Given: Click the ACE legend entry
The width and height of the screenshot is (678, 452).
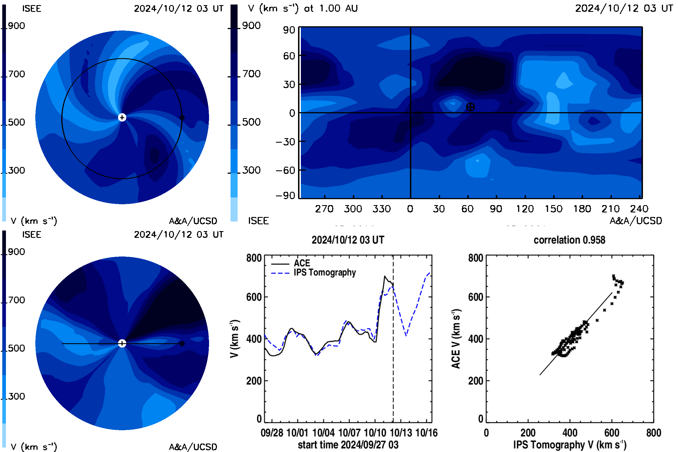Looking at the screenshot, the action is tap(290, 263).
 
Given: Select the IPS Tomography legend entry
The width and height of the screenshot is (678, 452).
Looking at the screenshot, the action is tap(313, 273).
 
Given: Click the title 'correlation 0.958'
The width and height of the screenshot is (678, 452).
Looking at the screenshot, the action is tap(569, 240).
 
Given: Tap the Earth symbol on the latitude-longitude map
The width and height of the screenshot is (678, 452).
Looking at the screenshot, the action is tap(470, 107).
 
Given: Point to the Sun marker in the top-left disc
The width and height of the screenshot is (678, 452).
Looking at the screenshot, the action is tap(122, 117).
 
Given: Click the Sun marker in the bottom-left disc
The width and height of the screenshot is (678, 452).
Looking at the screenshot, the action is tap(122, 343).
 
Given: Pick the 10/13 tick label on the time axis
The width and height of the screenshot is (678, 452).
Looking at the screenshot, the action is tap(401, 433).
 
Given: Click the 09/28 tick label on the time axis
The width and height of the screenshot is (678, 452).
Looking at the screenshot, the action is tap(272, 433).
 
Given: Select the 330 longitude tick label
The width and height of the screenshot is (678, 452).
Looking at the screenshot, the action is tap(382, 209).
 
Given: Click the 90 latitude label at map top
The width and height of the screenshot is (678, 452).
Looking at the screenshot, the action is tap(289, 30).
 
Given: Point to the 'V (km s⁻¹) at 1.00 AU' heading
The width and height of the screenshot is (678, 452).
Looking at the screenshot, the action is tap(303, 8).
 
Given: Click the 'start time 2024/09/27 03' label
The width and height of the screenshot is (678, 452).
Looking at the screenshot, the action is tap(348, 445).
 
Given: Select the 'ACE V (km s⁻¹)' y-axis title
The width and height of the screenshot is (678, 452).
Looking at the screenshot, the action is tap(456, 339).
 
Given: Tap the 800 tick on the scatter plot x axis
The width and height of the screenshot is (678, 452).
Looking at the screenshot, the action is tap(653, 433).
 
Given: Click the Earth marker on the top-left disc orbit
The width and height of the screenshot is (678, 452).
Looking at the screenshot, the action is tap(182, 118).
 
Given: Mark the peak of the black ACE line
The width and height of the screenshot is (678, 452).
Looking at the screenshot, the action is tap(384, 276).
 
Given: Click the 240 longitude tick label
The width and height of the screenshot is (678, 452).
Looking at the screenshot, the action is tap(639, 209).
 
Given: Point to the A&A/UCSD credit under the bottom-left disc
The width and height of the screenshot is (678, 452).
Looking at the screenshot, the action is tap(193, 447).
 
